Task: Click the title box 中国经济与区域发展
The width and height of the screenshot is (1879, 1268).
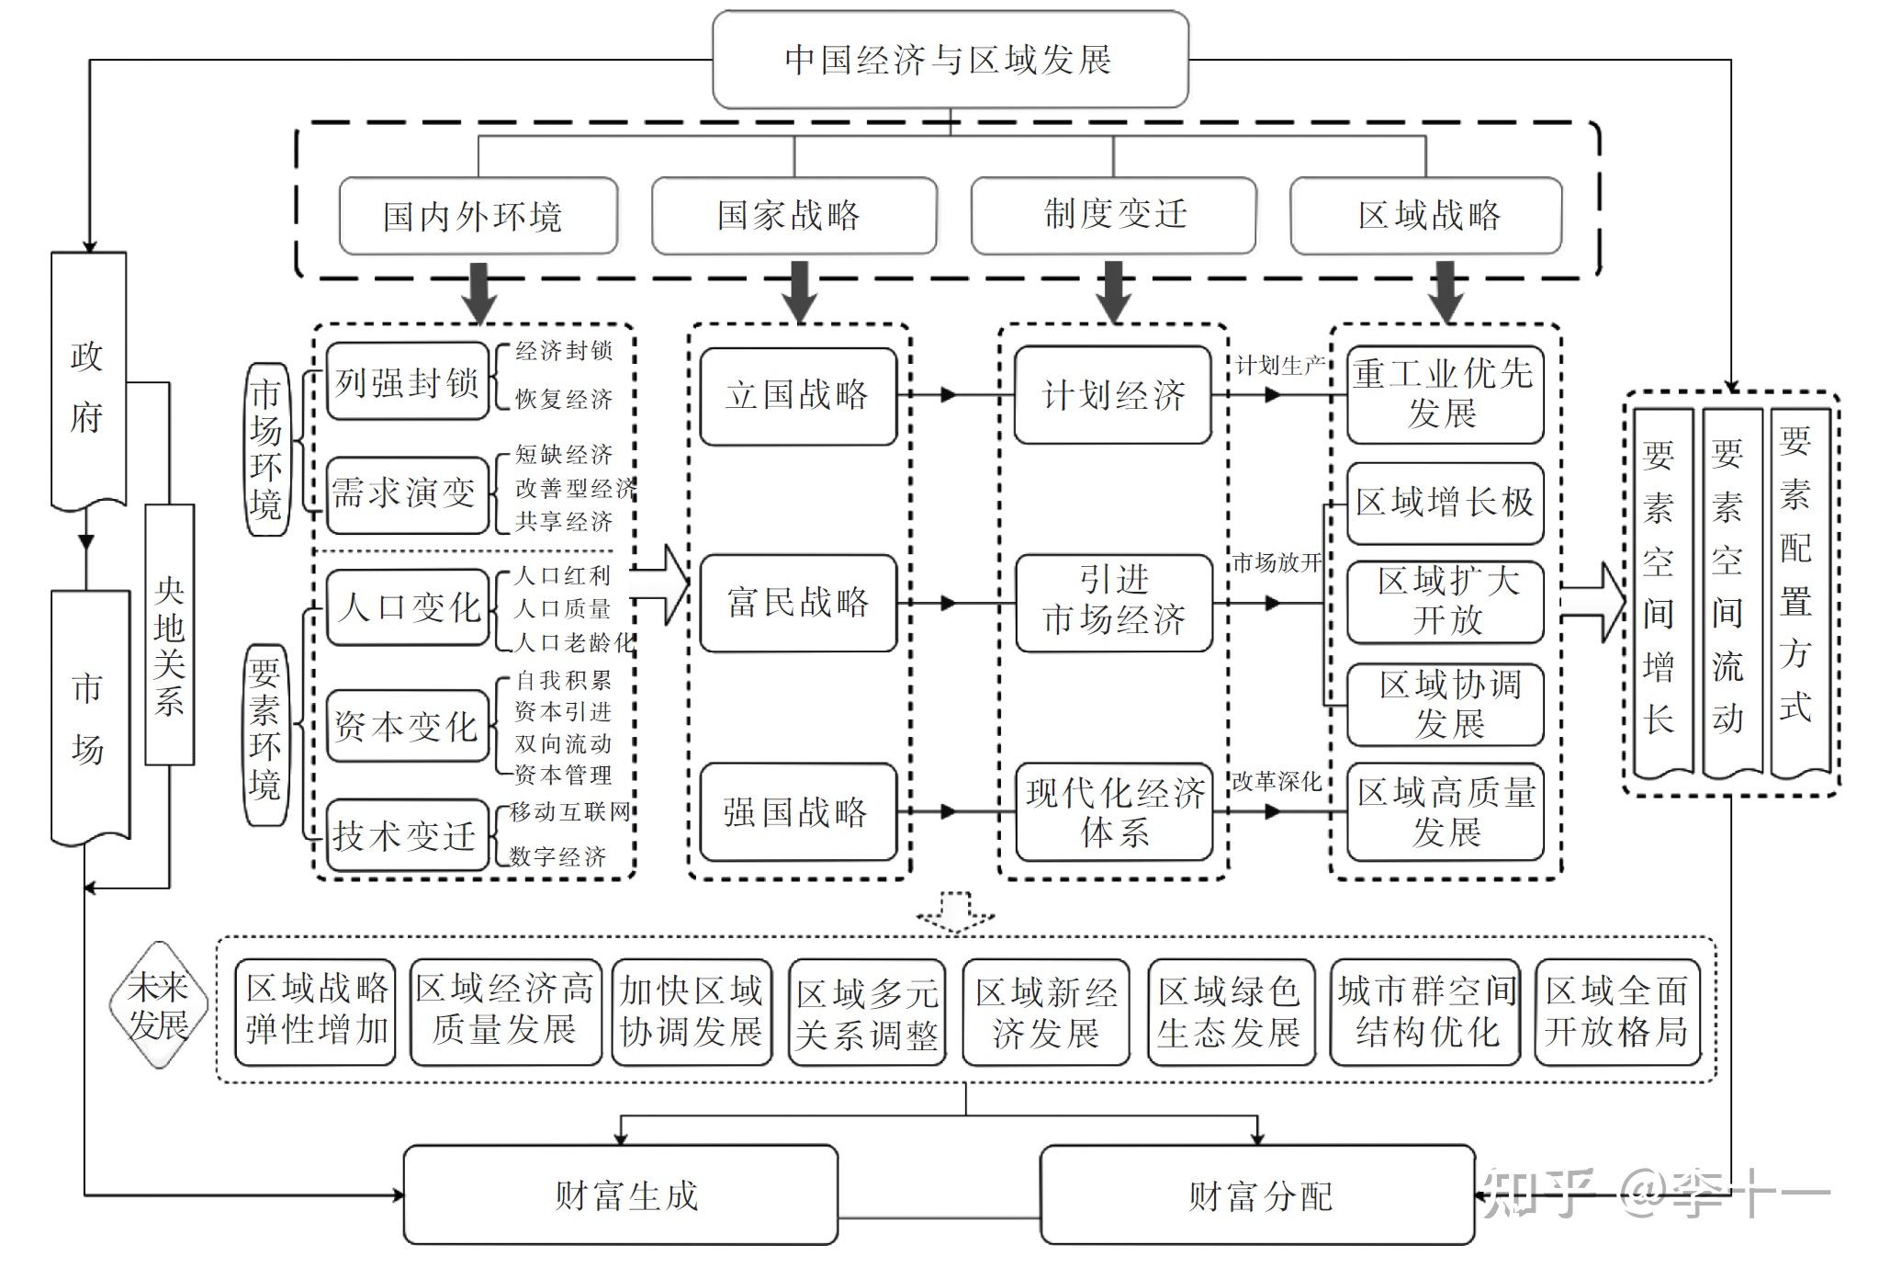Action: (x=950, y=60)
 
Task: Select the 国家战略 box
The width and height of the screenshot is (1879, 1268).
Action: (x=793, y=215)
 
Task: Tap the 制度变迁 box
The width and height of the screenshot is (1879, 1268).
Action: (x=1113, y=215)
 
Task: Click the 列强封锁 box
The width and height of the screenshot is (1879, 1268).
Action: (x=407, y=381)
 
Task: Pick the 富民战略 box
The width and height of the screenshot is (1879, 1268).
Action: (x=797, y=603)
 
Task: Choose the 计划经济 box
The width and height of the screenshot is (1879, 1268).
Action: (x=1113, y=395)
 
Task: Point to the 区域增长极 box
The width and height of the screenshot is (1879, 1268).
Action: (x=1445, y=503)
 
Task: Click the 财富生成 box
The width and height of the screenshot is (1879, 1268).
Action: (x=621, y=1194)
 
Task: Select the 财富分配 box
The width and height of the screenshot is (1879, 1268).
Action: (x=1256, y=1194)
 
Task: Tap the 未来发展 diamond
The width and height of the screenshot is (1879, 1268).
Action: (x=158, y=1004)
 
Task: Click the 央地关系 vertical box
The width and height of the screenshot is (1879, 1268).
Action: (x=170, y=634)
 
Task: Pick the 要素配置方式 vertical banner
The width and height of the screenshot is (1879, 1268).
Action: (x=1798, y=588)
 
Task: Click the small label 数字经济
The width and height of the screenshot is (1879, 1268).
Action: (x=557, y=856)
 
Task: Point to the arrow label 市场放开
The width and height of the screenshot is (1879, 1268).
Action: (x=1276, y=562)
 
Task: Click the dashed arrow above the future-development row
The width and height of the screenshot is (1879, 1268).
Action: (x=955, y=911)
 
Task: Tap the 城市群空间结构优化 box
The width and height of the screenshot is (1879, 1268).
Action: (x=1425, y=1012)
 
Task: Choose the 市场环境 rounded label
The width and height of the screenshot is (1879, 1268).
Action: (x=266, y=449)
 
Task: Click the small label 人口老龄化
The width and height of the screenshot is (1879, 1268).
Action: (x=574, y=642)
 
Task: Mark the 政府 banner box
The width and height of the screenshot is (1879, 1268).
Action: (x=88, y=381)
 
